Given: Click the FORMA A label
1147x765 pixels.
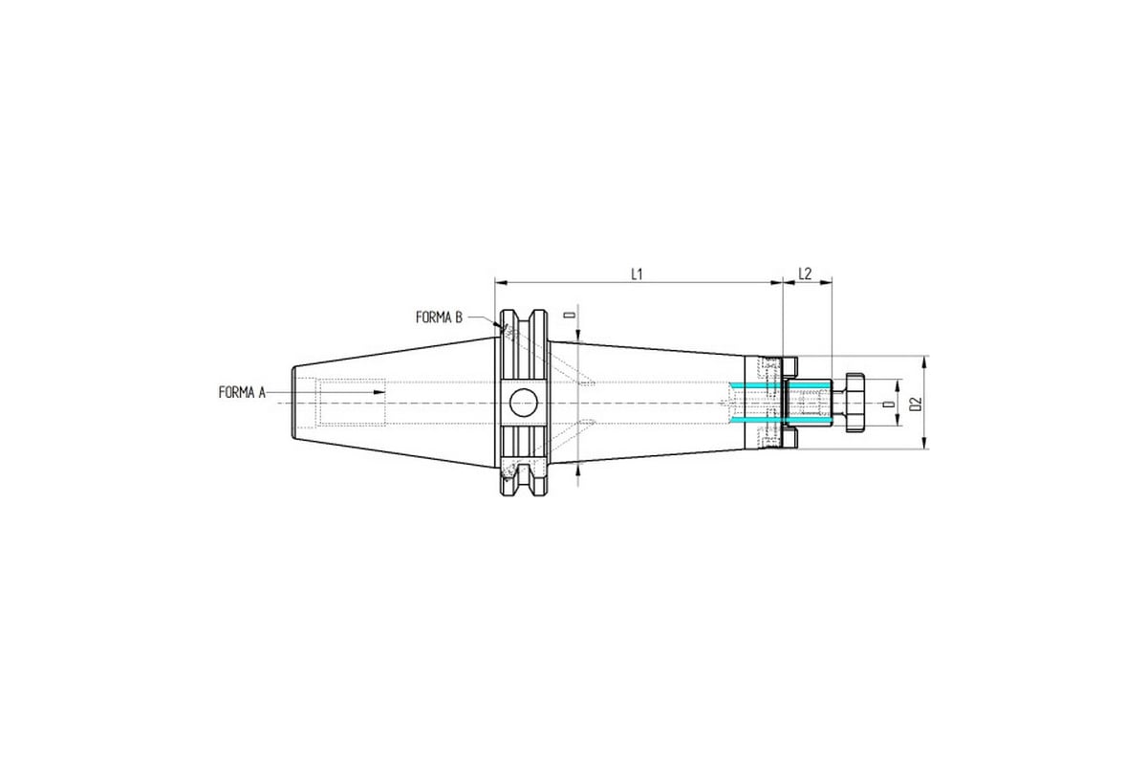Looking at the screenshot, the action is click(242, 392).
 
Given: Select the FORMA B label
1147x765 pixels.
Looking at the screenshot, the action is click(439, 317).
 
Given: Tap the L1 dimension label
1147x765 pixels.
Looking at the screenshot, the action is click(637, 274).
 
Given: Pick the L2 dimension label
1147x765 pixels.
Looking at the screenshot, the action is click(805, 273).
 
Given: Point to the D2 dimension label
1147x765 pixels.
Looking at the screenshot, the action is click(916, 404).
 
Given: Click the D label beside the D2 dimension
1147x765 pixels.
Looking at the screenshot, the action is click(890, 404).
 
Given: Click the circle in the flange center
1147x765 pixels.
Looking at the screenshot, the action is click(524, 403).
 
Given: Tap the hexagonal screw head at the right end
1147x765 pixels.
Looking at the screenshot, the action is click(855, 403).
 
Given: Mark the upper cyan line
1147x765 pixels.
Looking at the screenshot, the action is click(779, 384).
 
